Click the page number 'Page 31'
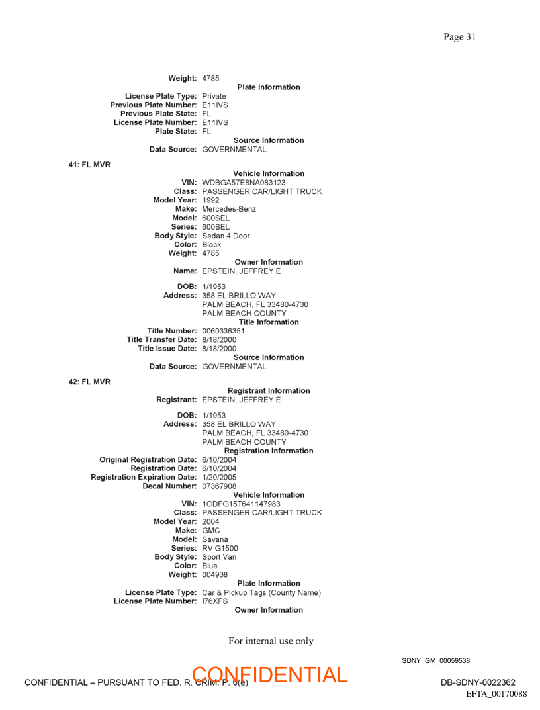pyautogui.click(x=459, y=37)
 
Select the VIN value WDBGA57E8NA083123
pyautogui.click(x=244, y=183)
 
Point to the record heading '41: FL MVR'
pyautogui.click(x=89, y=165)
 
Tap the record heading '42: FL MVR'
pyautogui.click(x=89, y=382)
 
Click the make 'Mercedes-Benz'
pyautogui.click(x=229, y=209)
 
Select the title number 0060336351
pyautogui.click(x=223, y=331)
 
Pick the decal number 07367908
pyautogui.click(x=219, y=486)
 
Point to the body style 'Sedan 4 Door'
pyautogui.click(x=226, y=236)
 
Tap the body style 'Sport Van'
pyautogui.click(x=219, y=557)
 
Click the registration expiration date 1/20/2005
pyautogui.click(x=219, y=477)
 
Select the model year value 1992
pyautogui.click(x=210, y=200)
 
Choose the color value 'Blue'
pyautogui.click(x=209, y=566)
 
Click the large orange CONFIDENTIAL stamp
pyautogui.click(x=270, y=675)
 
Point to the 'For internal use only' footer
pyautogui.click(x=271, y=641)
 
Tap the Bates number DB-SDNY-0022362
pyautogui.click(x=478, y=683)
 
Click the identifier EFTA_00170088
pyautogui.click(x=496, y=693)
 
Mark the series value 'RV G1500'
pyautogui.click(x=220, y=549)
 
